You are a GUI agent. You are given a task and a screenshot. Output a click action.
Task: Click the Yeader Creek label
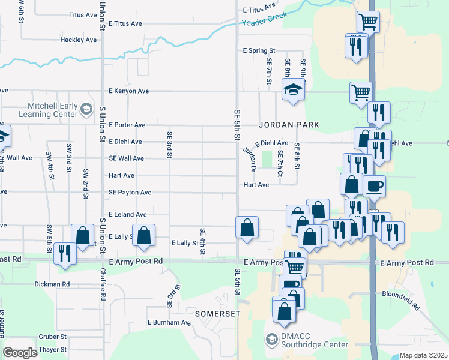(x=265, y=19)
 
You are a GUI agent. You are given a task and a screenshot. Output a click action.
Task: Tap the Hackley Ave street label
(x=78, y=40)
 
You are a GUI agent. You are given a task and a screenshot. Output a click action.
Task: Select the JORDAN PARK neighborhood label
(x=288, y=125)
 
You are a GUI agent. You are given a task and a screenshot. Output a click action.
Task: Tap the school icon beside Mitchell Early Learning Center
(x=86, y=109)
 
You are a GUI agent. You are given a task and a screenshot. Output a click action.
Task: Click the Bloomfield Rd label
(x=402, y=300)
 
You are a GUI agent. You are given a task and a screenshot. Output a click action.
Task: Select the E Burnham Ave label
(x=170, y=323)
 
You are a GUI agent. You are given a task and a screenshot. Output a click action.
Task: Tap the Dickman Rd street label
(x=52, y=284)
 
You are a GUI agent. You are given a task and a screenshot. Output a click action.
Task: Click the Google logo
(x=19, y=353)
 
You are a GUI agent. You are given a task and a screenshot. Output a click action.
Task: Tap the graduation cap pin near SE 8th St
(x=293, y=91)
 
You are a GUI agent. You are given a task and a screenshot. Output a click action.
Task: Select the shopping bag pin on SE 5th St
(x=247, y=227)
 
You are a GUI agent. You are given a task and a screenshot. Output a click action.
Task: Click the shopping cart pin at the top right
(x=367, y=22)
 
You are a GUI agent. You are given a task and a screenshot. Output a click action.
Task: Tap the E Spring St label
(x=259, y=51)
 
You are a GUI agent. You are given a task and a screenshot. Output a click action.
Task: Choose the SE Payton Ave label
(x=130, y=193)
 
